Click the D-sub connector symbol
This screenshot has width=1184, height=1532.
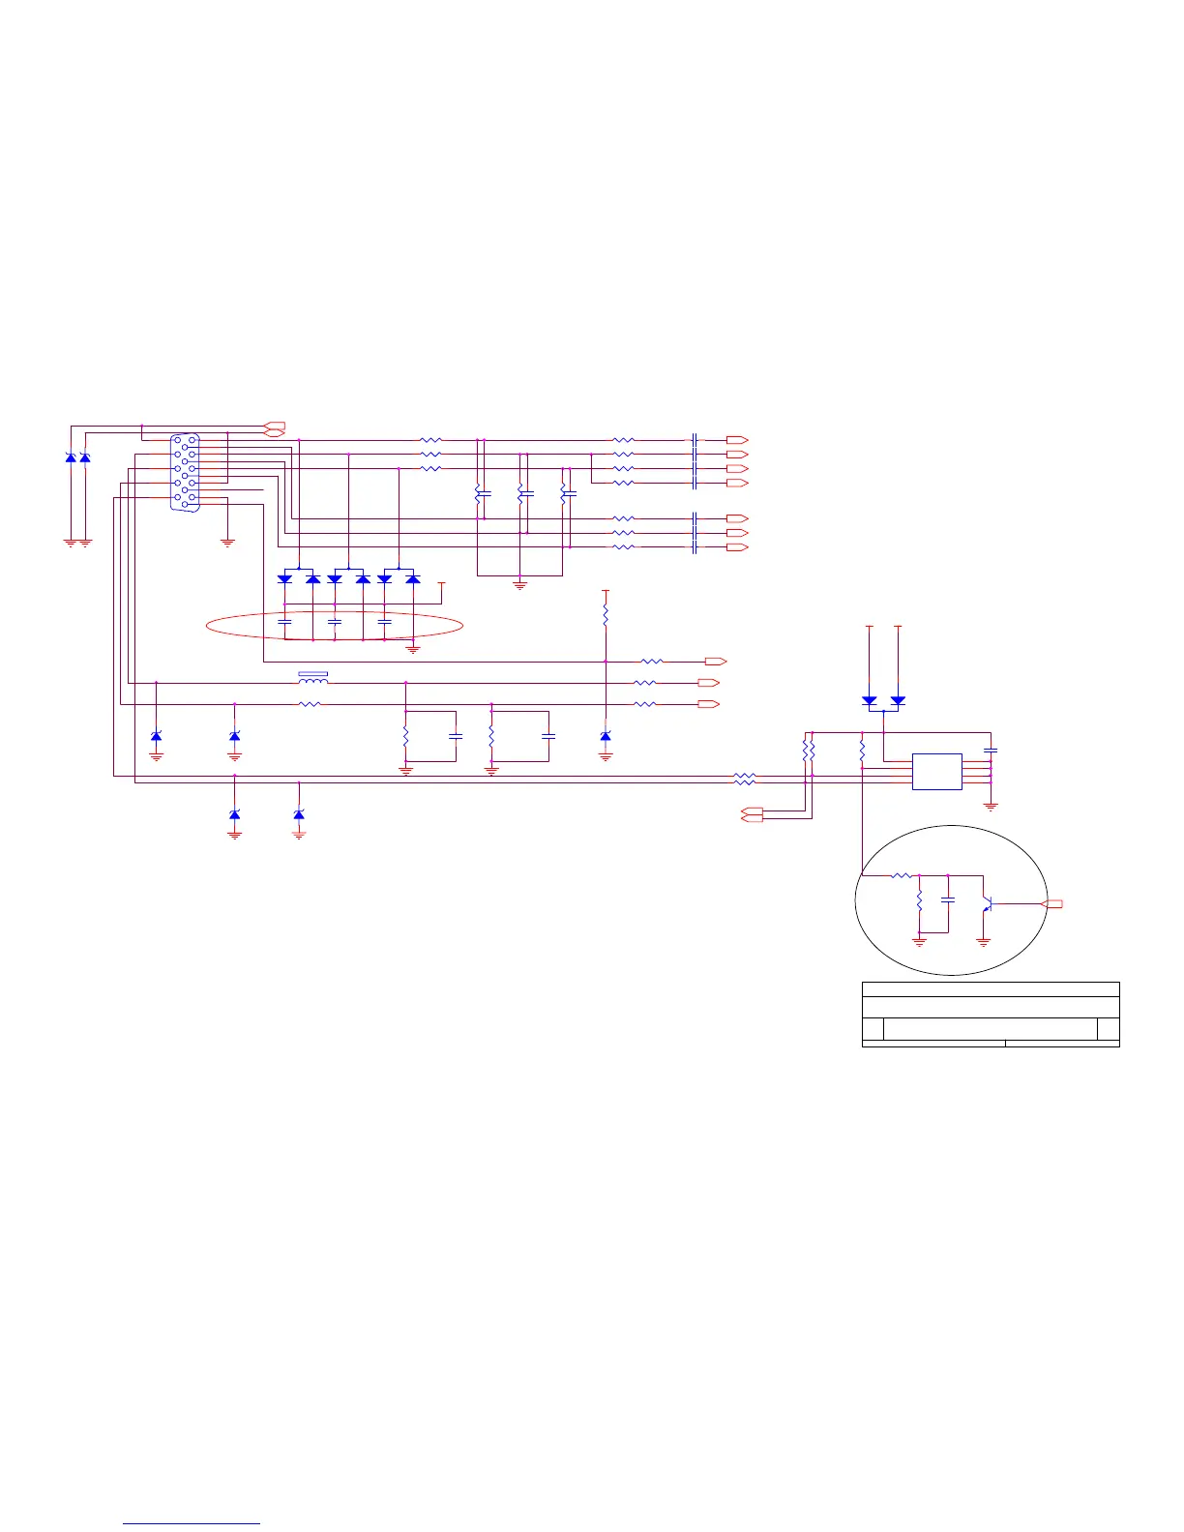185,473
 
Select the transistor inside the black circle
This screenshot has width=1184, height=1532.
987,904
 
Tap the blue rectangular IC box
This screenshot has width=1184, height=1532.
936,772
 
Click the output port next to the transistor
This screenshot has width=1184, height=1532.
1052,904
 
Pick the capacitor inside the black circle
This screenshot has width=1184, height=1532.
948,899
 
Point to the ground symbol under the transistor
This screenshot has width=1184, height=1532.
984,941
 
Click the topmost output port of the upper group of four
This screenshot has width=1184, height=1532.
737,440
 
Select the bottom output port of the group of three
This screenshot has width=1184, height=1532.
737,547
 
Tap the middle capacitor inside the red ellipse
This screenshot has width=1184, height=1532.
335,622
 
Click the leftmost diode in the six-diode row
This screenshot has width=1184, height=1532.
284,578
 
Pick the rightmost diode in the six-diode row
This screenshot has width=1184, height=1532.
413,578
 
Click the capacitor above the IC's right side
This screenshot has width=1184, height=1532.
991,750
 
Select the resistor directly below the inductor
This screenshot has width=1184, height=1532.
310,704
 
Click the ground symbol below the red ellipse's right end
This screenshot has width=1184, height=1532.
413,649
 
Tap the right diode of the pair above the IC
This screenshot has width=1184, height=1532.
898,699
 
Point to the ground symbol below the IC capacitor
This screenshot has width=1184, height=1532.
991,806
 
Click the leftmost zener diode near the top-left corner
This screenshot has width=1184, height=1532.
71,457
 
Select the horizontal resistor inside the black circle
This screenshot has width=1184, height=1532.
901,876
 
